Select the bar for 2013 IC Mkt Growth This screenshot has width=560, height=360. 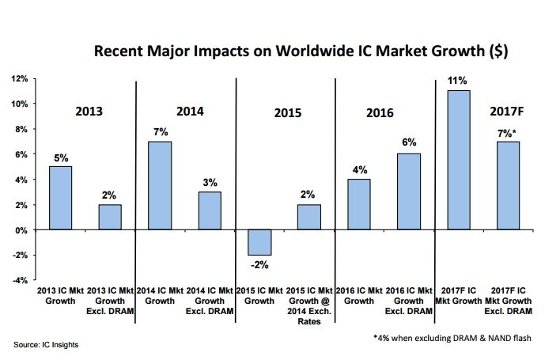(61, 198)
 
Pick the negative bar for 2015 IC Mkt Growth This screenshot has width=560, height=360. (261, 242)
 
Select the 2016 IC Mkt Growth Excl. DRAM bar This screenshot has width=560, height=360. (409, 191)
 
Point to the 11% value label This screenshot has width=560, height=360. (459, 81)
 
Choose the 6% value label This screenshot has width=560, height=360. (409, 144)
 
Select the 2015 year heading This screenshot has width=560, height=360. (288, 113)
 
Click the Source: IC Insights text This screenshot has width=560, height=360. (45, 344)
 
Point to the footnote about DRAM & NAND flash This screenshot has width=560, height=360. (451, 338)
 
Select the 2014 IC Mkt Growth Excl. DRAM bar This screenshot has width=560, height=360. (210, 210)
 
